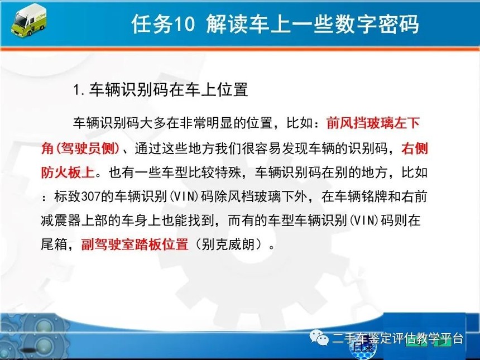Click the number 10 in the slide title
point(184,23)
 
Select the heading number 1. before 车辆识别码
point(79,90)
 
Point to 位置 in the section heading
point(233,90)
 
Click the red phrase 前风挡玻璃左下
point(373,123)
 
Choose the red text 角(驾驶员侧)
point(80,148)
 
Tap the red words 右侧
point(415,148)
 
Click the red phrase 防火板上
point(68,172)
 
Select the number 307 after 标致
point(91,196)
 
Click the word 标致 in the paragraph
point(68,196)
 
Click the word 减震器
point(61,220)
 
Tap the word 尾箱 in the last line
point(54,244)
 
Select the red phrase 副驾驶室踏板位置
point(135,244)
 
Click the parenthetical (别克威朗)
point(229,244)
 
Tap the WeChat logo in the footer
point(319,337)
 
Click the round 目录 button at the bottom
point(363,348)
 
